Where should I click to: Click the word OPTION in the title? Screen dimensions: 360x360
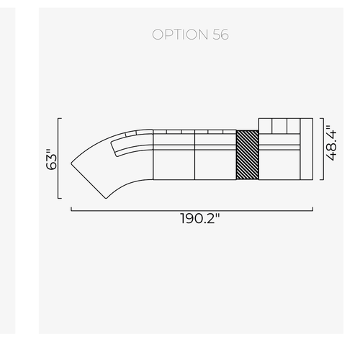click(180, 35)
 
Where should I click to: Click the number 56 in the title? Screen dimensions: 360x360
click(220, 35)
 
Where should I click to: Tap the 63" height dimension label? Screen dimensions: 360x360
click(52, 159)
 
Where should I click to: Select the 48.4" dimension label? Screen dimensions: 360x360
click(331, 143)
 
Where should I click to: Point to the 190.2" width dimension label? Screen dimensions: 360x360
click(200, 218)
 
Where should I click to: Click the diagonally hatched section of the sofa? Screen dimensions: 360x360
click(248, 155)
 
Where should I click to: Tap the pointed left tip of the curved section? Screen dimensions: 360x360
click(71, 163)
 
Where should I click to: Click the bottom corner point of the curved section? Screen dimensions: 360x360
click(106, 199)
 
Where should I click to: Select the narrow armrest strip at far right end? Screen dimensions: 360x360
click(307, 149)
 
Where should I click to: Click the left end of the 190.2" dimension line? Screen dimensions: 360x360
click(71, 211)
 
